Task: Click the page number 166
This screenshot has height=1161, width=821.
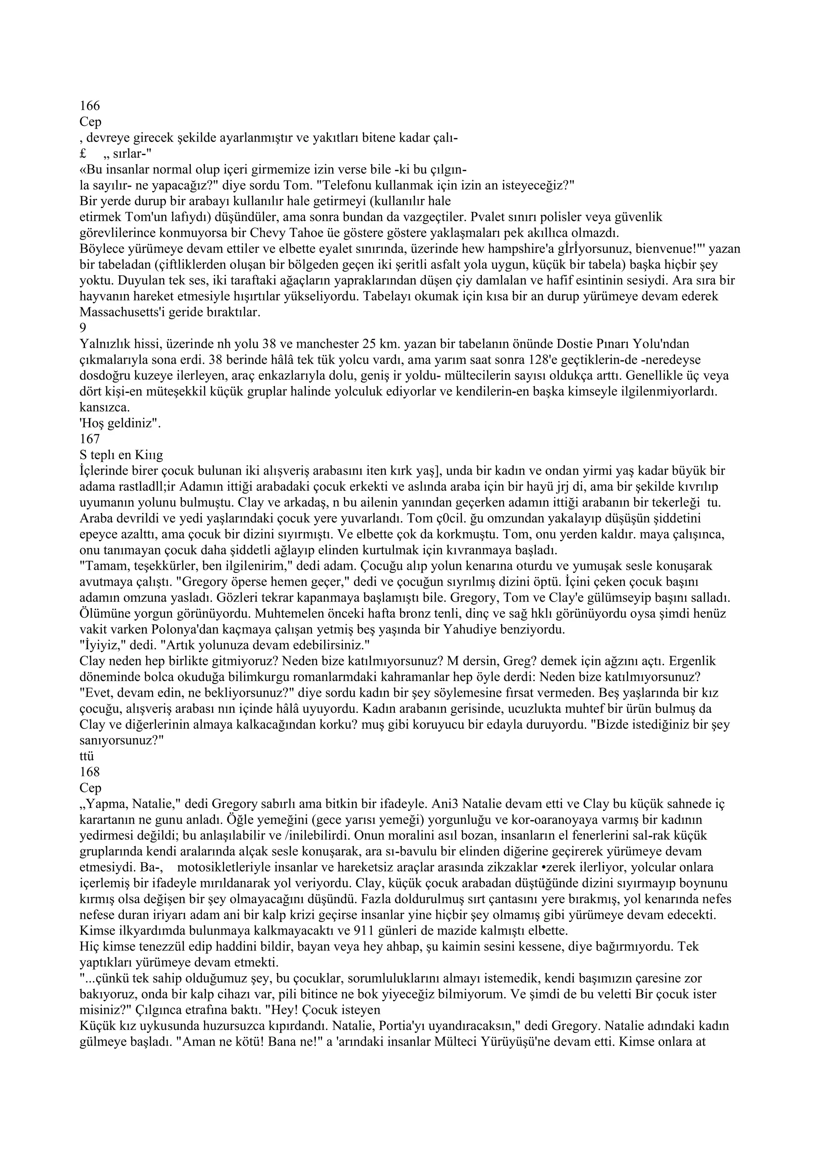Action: point(90,106)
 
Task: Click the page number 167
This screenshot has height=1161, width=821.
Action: point(90,439)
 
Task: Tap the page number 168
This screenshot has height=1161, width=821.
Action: point(90,772)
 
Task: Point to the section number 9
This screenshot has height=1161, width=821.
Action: point(83,328)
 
